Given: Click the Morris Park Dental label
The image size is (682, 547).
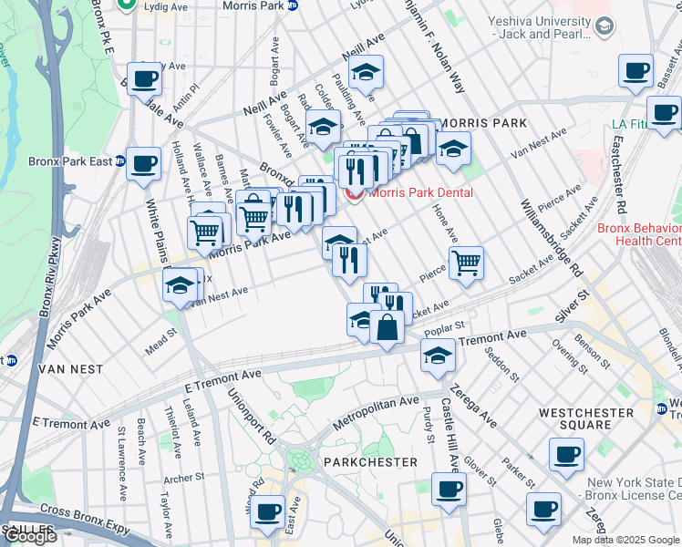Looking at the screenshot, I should pyautogui.click(x=420, y=192).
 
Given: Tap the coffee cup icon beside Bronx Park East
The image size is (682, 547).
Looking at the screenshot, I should pyautogui.click(x=143, y=164).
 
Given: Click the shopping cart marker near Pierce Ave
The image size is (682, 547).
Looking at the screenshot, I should pyautogui.click(x=466, y=263).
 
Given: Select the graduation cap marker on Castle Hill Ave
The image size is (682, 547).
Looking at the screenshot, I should pyautogui.click(x=439, y=356).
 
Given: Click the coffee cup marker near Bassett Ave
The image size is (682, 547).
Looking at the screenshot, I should pyautogui.click(x=635, y=70).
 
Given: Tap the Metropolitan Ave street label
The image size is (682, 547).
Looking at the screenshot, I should pyautogui.click(x=375, y=413).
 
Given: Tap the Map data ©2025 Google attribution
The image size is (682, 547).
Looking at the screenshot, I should pyautogui.click(x=626, y=540).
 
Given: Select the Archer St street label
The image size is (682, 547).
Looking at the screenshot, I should pyautogui.click(x=183, y=478).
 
